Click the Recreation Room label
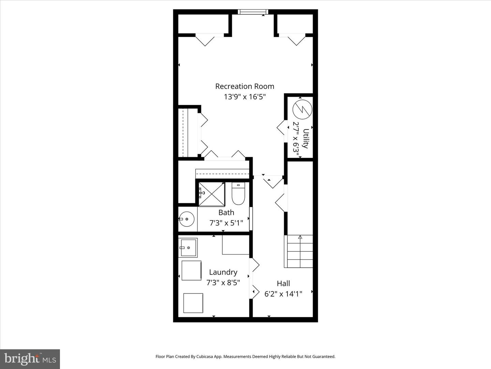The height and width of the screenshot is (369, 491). pyautogui.click(x=244, y=86)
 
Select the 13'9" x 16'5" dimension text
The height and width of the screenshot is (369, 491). pyautogui.click(x=244, y=97)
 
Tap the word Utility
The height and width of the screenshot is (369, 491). pyautogui.click(x=306, y=138)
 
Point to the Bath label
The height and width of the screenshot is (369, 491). pyautogui.click(x=226, y=213)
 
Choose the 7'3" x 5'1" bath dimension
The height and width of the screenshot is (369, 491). pyautogui.click(x=226, y=223)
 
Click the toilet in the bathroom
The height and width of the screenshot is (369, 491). pyautogui.click(x=238, y=194)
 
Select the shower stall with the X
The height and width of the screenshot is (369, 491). pyautogui.click(x=212, y=194)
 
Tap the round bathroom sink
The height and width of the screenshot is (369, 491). pyautogui.click(x=187, y=219)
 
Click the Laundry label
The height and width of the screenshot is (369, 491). pyautogui.click(x=223, y=272)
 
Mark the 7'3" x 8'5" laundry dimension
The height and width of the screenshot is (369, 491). pyautogui.click(x=223, y=283)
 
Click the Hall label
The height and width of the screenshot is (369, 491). pyautogui.click(x=283, y=284)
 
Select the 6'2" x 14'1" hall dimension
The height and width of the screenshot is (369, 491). pyautogui.click(x=283, y=294)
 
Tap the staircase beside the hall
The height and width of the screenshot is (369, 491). pyautogui.click(x=299, y=252)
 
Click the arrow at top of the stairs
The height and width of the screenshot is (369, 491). pyautogui.click(x=300, y=237)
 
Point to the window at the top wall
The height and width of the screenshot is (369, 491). pyautogui.click(x=253, y=12)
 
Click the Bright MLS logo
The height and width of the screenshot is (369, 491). pyautogui.click(x=30, y=359)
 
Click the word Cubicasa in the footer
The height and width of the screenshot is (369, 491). pyautogui.click(x=205, y=357)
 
